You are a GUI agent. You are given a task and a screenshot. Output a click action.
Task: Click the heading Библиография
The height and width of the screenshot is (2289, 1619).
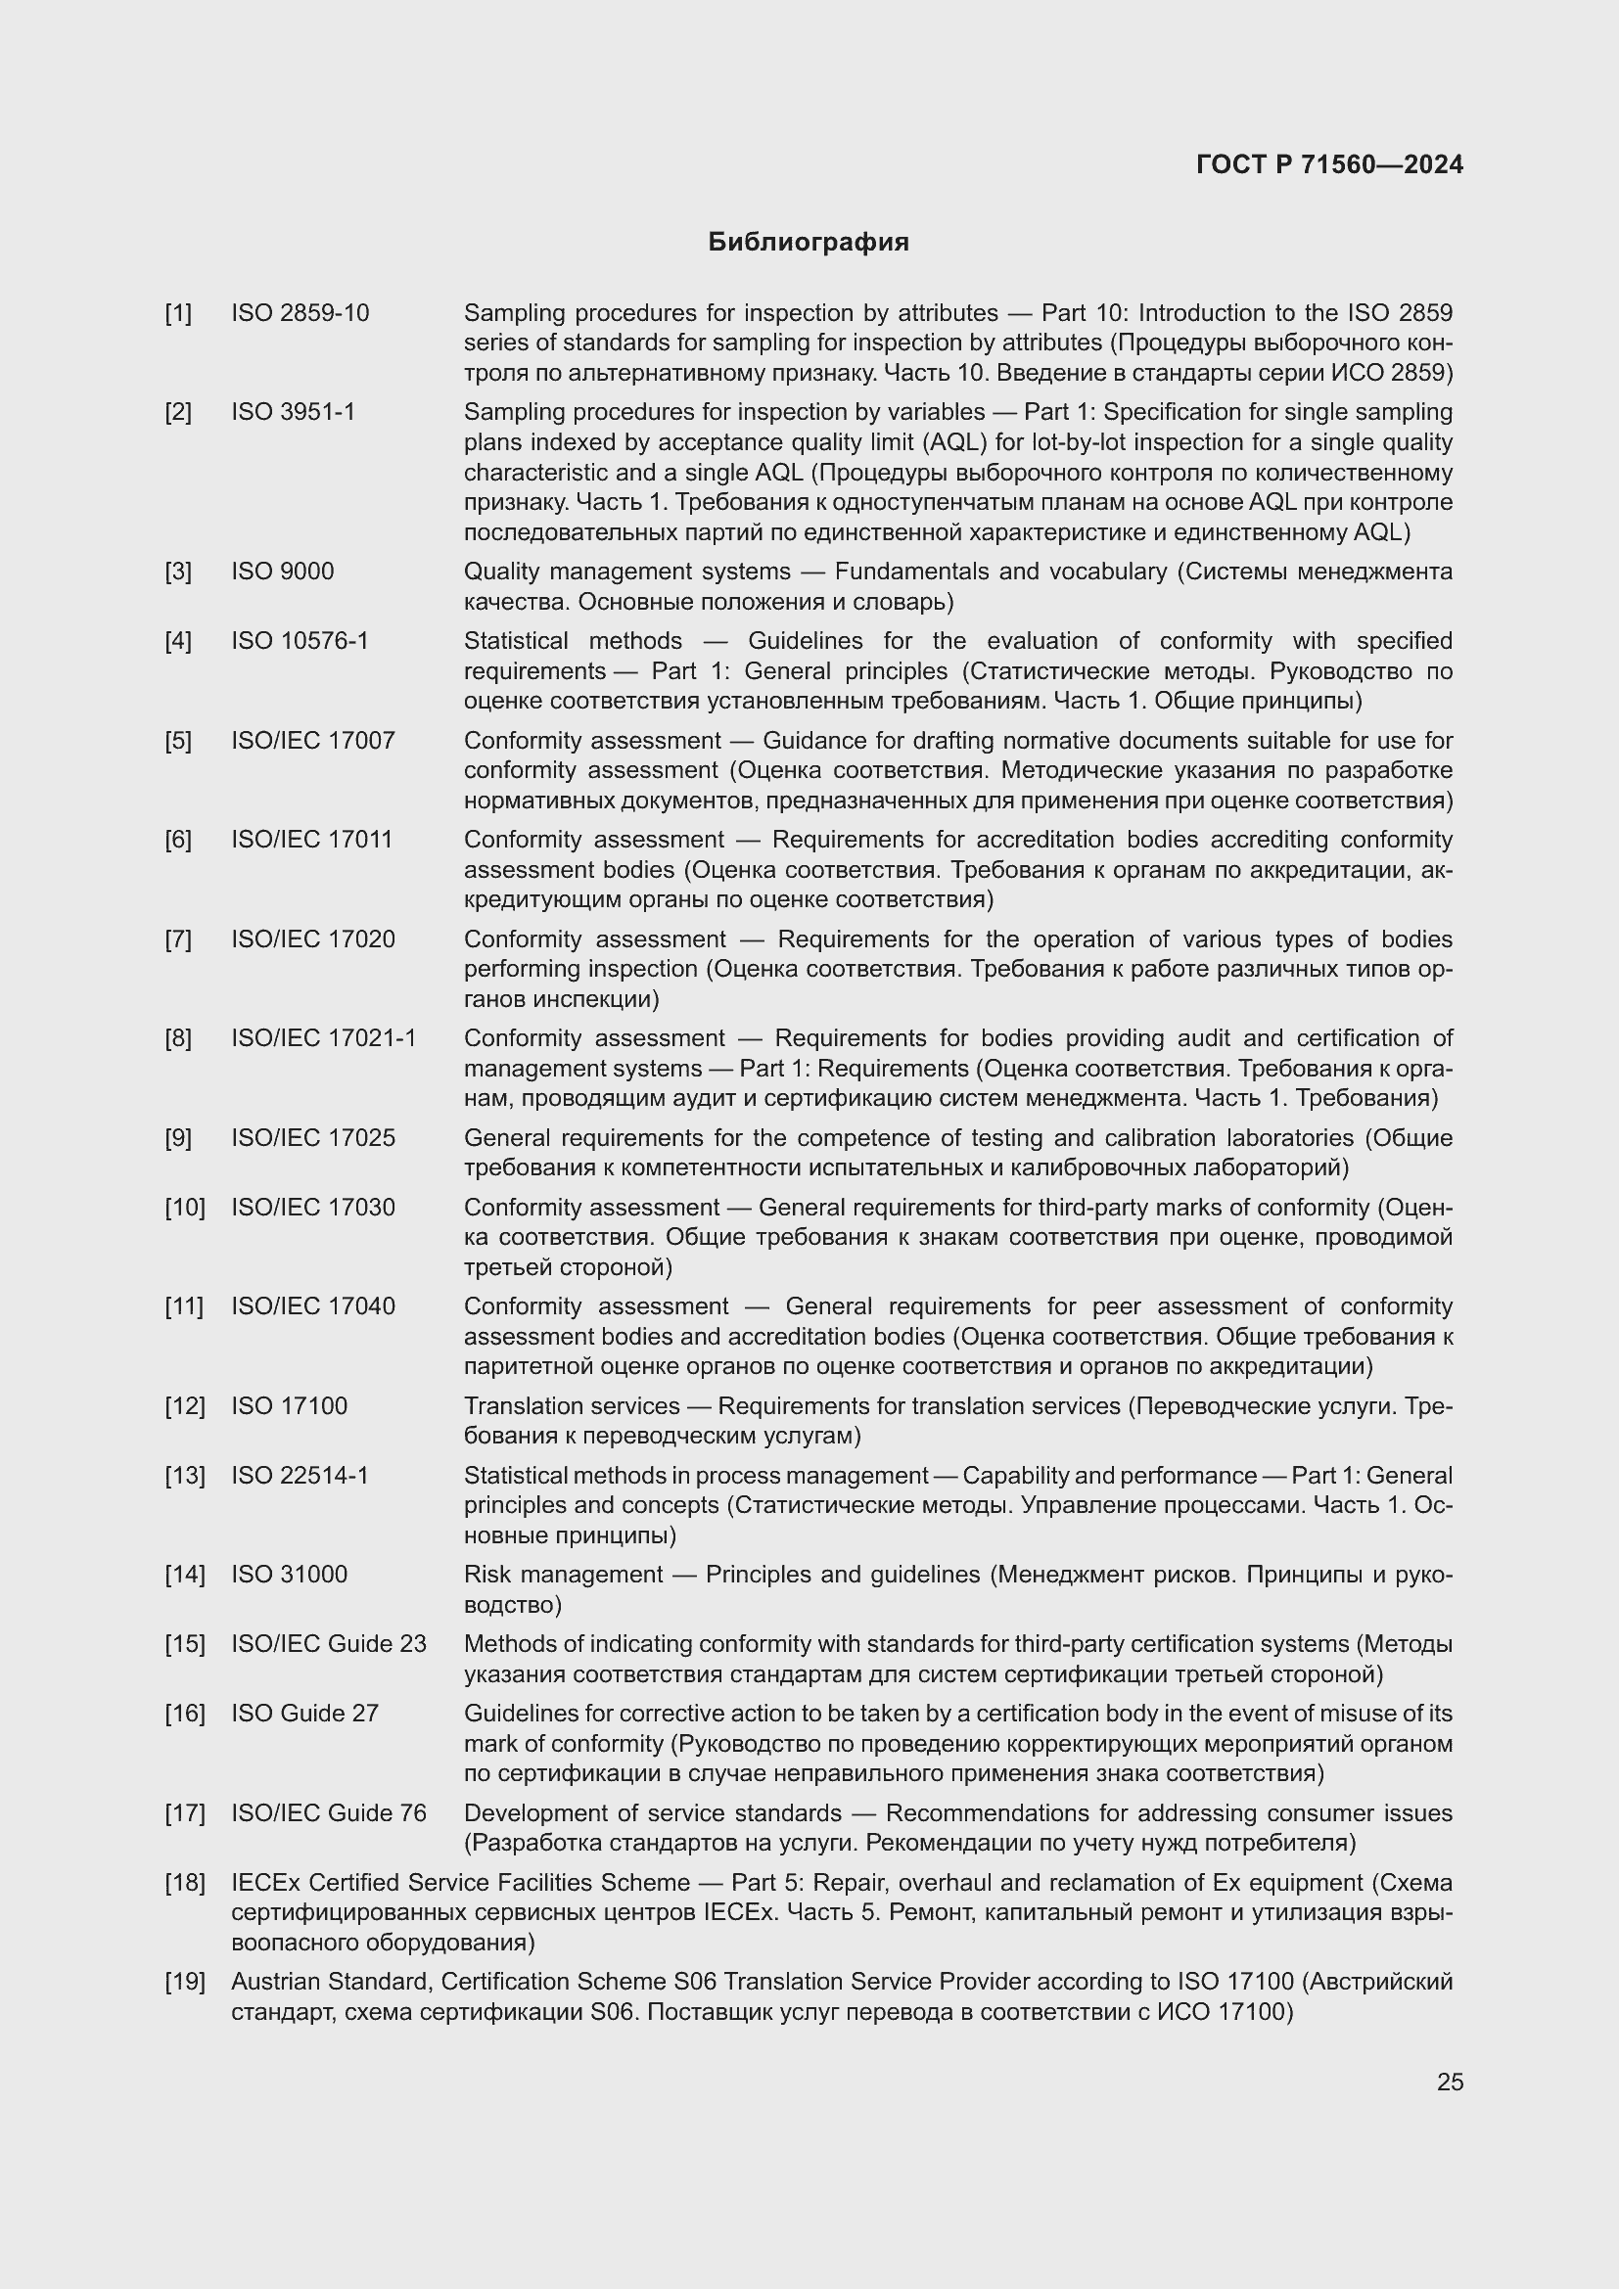point(808,243)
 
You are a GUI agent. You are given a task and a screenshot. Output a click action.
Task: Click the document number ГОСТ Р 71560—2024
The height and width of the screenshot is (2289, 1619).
point(1329,164)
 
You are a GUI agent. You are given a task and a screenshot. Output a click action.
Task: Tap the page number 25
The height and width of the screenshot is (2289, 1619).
point(1450,2082)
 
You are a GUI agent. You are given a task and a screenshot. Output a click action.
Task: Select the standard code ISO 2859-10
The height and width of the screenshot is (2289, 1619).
point(301,313)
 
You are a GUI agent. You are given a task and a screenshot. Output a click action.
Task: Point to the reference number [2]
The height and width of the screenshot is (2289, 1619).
point(178,412)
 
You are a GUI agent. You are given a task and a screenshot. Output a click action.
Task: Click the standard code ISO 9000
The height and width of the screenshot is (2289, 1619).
point(282,572)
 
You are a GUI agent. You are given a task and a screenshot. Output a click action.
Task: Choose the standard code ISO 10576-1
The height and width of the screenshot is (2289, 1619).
point(301,640)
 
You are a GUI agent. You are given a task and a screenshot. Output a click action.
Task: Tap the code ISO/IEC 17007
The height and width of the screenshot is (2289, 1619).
point(313,741)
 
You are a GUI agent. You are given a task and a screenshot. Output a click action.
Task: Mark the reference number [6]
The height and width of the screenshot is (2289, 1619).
point(178,840)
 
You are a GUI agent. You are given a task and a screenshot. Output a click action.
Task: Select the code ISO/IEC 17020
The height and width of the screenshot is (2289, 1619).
point(313,939)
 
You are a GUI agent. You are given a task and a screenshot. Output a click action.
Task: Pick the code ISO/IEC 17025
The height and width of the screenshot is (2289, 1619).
point(313,1137)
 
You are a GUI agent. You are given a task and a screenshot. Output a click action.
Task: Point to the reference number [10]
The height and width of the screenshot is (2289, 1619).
point(184,1208)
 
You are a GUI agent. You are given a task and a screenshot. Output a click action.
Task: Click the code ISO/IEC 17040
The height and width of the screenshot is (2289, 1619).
point(313,1306)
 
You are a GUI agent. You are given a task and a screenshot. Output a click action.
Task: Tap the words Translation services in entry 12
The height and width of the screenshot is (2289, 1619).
point(572,1405)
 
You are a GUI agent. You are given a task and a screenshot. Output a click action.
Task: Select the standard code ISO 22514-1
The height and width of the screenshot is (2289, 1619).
point(301,1475)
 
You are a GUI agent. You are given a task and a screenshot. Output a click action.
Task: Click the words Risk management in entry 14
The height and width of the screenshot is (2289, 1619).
point(562,1575)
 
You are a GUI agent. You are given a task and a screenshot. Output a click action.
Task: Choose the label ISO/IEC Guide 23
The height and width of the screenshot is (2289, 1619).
point(329,1643)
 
